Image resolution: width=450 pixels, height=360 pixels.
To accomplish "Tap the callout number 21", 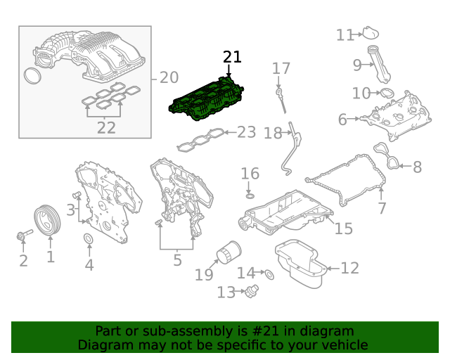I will coord(232,58).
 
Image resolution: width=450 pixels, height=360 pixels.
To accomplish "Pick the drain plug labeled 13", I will coord(252,290).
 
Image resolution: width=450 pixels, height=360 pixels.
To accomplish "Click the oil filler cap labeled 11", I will coord(370,32).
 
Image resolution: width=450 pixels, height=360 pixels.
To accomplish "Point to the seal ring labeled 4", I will coord(89,242).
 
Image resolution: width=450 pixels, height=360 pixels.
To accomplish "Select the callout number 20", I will coord(169,77).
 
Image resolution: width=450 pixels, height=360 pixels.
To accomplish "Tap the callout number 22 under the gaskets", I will coord(106,128).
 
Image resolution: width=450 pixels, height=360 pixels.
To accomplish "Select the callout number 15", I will coord(343,228).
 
